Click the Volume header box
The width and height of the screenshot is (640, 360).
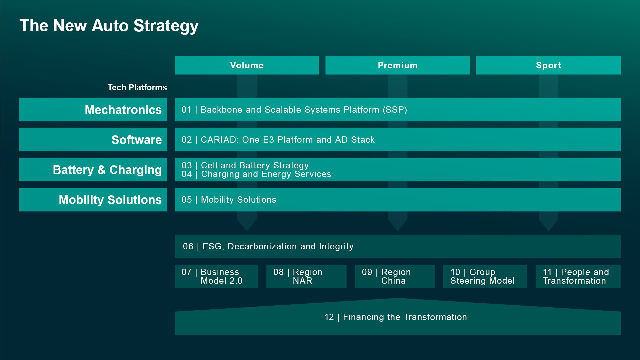click(247, 65)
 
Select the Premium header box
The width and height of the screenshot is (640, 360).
click(397, 65)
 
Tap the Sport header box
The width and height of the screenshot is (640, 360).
click(548, 65)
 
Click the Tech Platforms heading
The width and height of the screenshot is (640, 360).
click(137, 88)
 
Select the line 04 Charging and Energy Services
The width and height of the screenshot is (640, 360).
click(256, 174)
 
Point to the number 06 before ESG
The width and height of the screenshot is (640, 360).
click(188, 246)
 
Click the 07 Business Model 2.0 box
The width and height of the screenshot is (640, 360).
click(216, 276)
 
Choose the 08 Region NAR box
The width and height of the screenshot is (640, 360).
click(306, 276)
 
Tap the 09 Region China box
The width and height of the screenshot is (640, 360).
click(395, 276)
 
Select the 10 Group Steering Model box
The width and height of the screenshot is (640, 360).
click(485, 276)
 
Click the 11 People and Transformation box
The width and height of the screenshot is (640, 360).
click(578, 276)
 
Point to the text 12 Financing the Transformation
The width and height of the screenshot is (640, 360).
click(395, 317)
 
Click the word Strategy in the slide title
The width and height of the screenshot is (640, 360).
click(166, 26)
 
